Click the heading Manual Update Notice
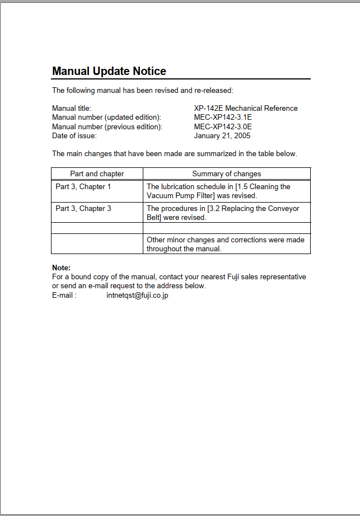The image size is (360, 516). [x=109, y=72]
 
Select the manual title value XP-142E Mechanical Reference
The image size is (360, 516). [x=246, y=109]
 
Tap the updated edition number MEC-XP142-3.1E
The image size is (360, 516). [x=223, y=118]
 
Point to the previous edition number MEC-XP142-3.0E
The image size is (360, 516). [x=223, y=126]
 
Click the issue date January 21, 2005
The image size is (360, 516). [x=222, y=135]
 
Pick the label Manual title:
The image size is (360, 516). [x=72, y=109]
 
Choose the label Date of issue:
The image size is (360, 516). [x=74, y=135]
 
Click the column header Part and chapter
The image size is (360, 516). [x=97, y=174]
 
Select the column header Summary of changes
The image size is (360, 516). [x=227, y=174]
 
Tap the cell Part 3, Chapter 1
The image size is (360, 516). [x=83, y=187]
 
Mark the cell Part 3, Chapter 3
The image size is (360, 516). [x=83, y=209]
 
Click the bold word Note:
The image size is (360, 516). [x=61, y=268]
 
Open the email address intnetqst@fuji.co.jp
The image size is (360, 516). [x=137, y=295]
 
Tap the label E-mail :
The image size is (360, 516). [x=64, y=295]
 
